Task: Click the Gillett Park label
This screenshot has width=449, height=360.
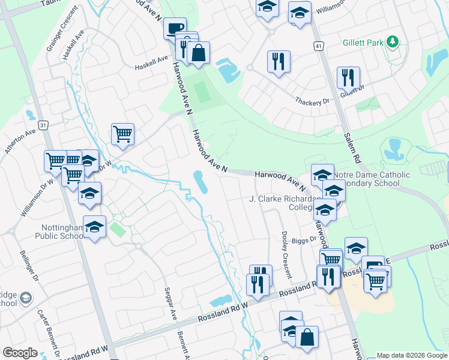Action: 363,43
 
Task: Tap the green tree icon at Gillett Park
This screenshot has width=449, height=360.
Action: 393,41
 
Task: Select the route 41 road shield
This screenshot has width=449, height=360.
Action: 318,46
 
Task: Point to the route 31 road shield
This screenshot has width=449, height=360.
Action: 43,124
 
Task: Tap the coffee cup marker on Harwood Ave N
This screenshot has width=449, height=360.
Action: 175,29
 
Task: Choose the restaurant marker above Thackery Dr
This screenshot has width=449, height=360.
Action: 278,62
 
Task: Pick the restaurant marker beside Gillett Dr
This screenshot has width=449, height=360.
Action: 348,77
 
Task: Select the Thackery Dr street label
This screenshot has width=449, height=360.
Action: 313,101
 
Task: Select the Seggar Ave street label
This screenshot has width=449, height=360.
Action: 170,304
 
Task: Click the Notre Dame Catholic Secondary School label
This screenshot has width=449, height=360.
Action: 372,179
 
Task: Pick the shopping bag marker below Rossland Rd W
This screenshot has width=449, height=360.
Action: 307,337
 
